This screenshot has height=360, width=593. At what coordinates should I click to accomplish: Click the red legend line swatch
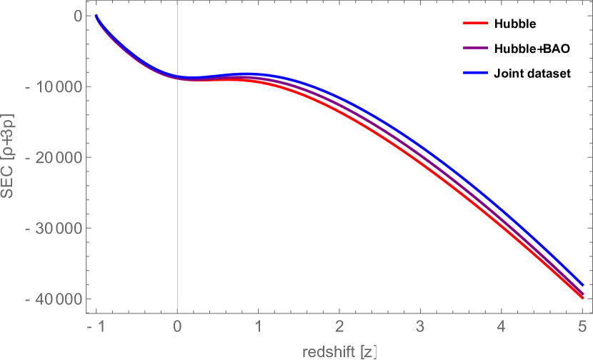(475, 24)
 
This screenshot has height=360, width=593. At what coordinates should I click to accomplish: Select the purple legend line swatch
(475, 48)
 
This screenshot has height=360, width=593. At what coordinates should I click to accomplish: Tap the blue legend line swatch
(475, 72)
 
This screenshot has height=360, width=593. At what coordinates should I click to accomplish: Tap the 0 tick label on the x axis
(177, 326)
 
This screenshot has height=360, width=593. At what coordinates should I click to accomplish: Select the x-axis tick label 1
(259, 326)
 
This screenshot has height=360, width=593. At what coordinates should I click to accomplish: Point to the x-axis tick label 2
(339, 326)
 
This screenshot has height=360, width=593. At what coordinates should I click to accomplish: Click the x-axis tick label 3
(421, 326)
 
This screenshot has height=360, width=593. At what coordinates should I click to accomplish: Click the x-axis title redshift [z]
(339, 351)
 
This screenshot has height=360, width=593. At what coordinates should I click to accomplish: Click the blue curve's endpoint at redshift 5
(583, 284)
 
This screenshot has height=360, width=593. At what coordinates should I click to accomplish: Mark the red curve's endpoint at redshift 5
(583, 297)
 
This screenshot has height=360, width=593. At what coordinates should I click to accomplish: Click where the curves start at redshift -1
(96, 16)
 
